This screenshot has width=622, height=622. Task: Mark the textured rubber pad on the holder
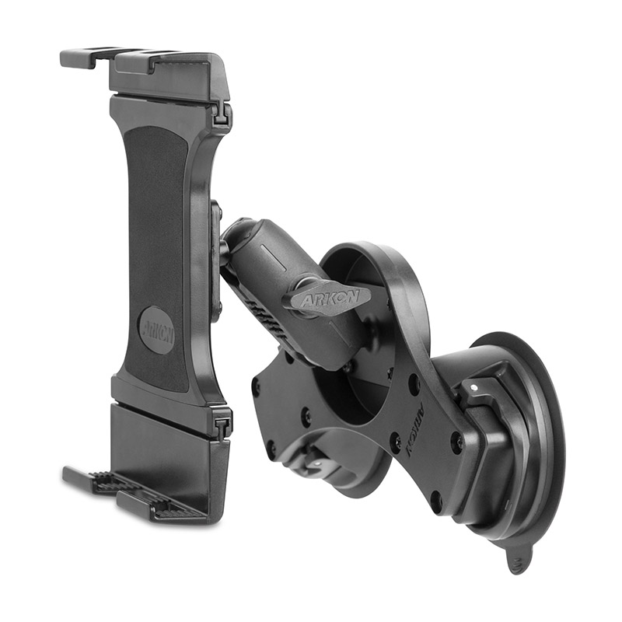[x=156, y=258]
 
